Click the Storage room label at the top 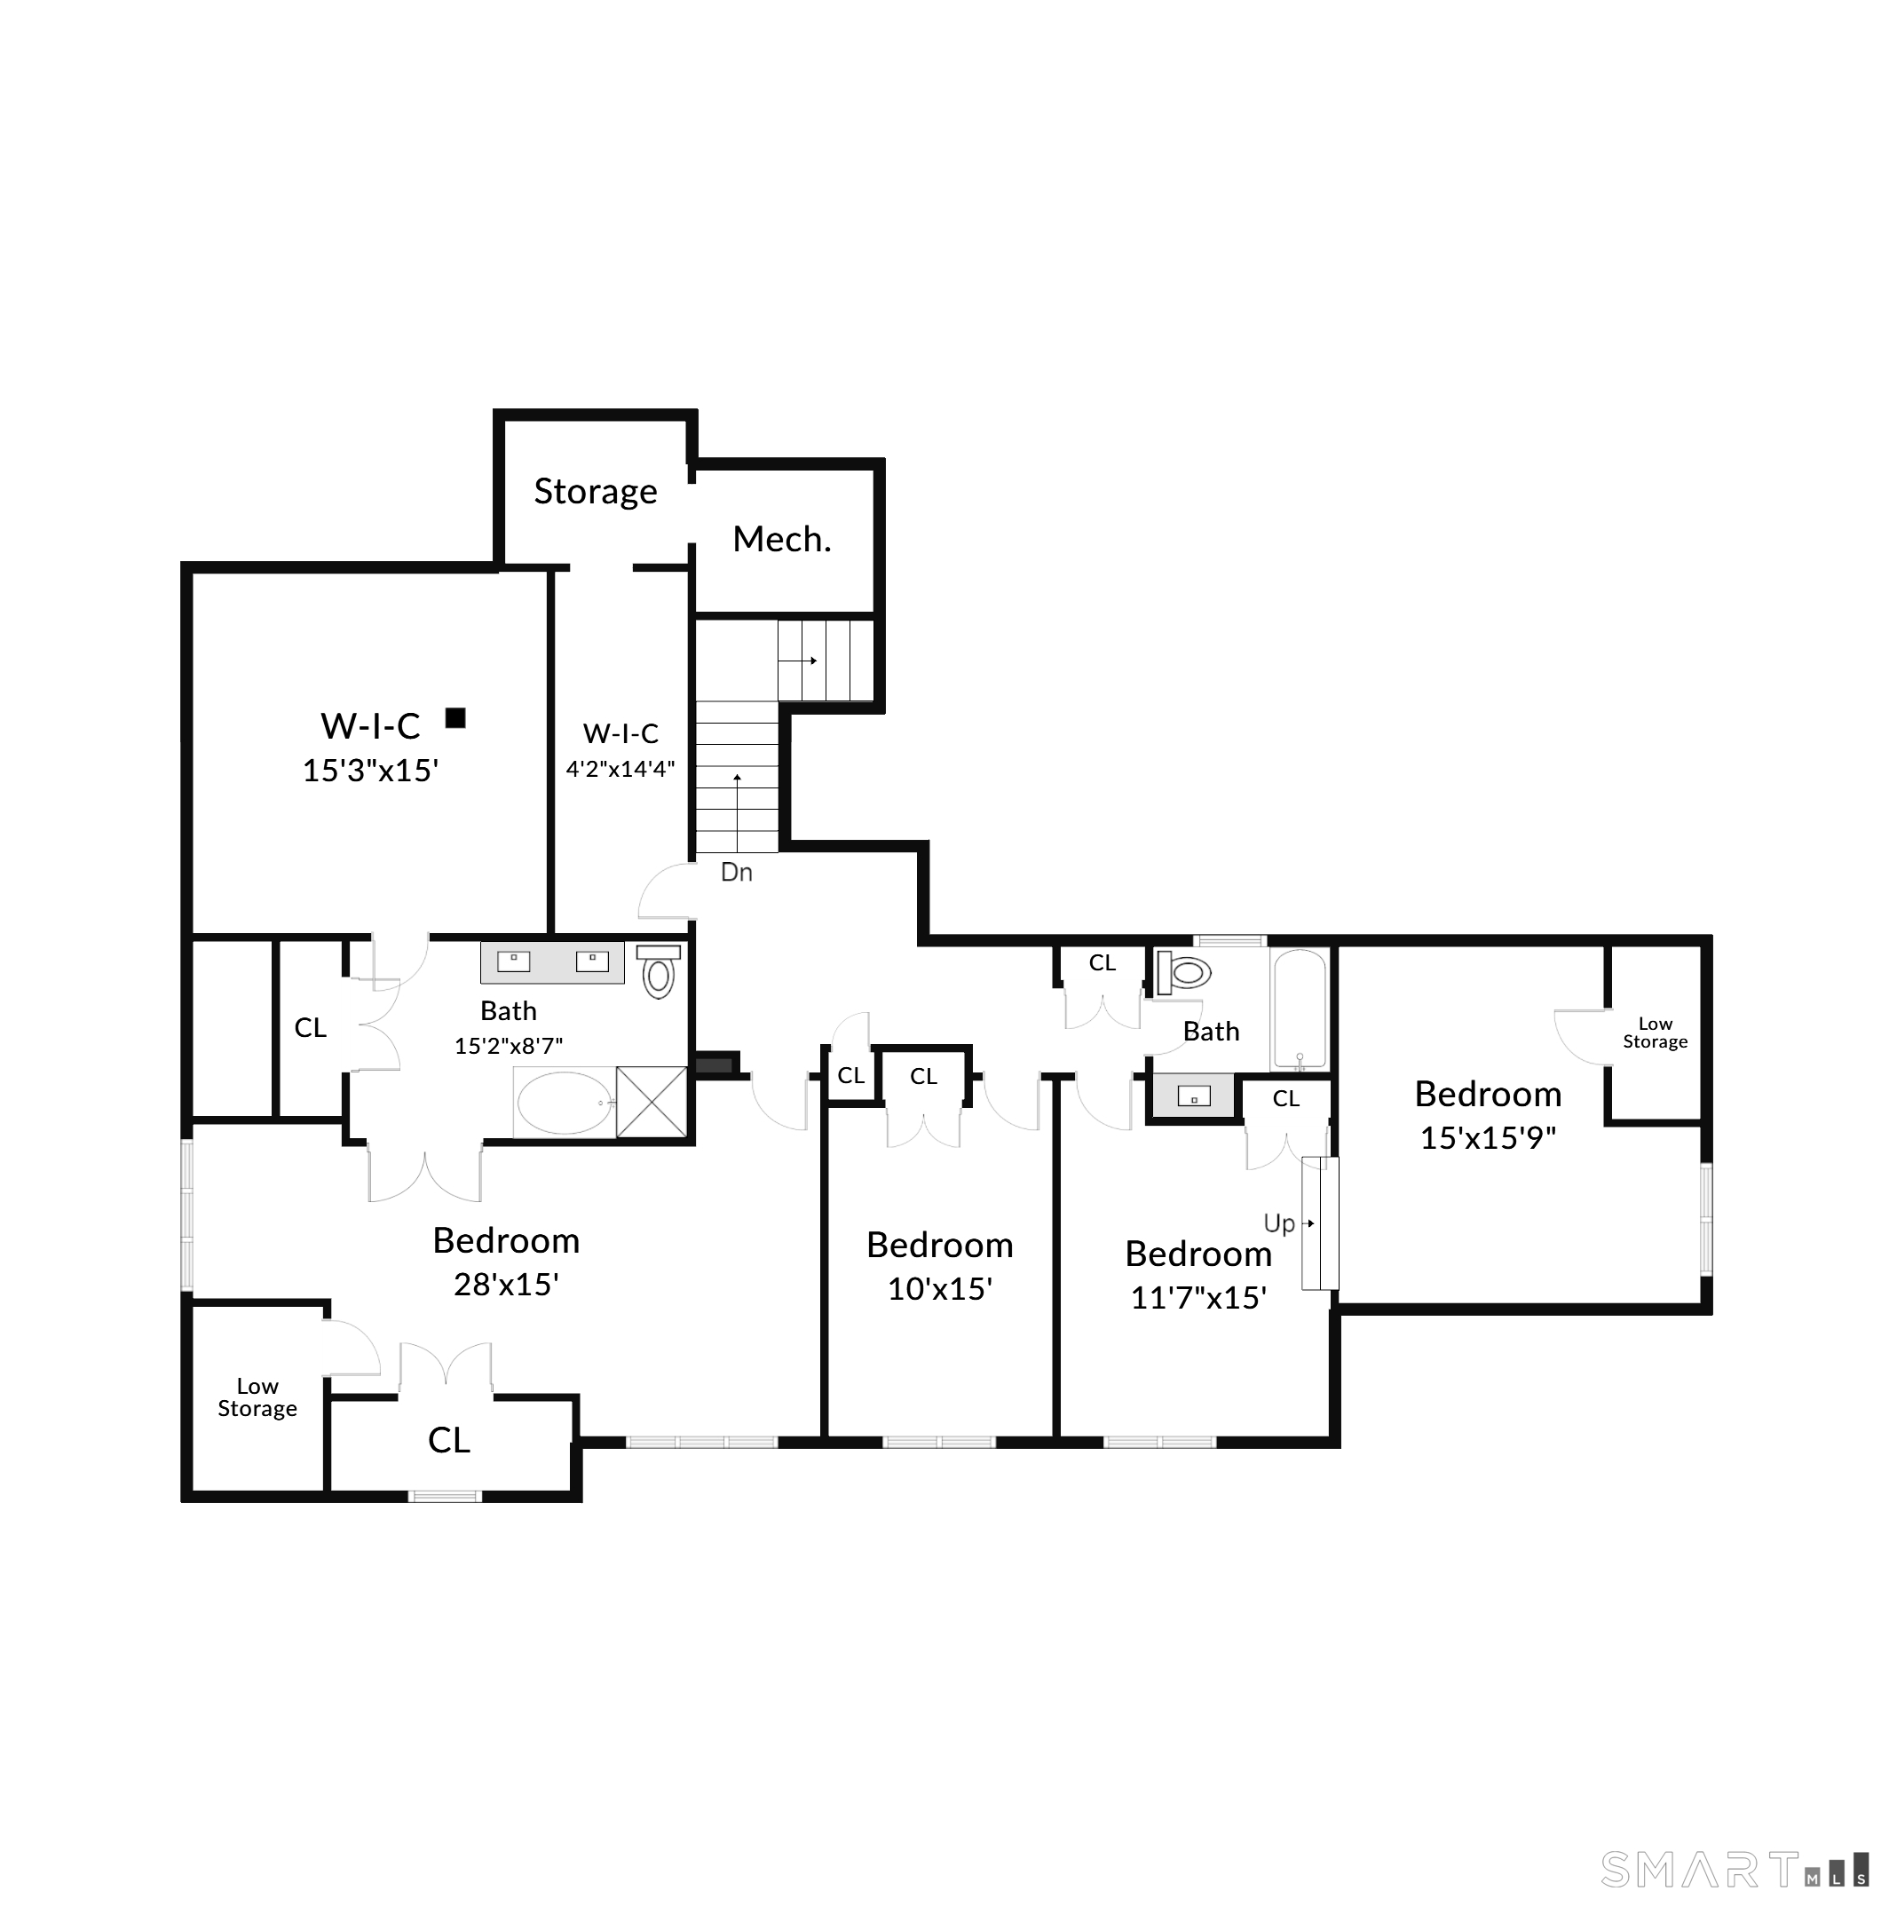[595, 492]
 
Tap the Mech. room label [782, 539]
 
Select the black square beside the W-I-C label [455, 717]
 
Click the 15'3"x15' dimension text [370, 770]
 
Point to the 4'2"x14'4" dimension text [620, 768]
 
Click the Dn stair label [736, 873]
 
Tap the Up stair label [1279, 1225]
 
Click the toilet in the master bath [659, 970]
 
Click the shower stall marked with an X [652, 1102]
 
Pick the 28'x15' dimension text [506, 1284]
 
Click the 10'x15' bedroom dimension [939, 1289]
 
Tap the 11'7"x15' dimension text [1198, 1297]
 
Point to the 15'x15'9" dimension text [1487, 1138]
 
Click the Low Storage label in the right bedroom [1656, 1033]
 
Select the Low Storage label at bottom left [257, 1397]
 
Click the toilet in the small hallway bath [1183, 973]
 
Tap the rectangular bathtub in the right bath [1299, 1009]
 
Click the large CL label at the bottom [449, 1440]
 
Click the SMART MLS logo [1734, 1869]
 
